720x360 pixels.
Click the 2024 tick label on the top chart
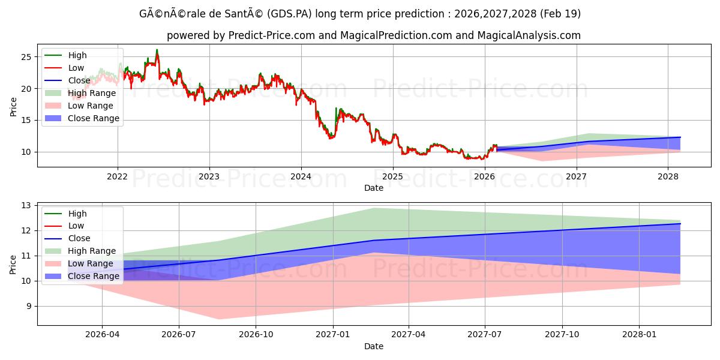click(301, 176)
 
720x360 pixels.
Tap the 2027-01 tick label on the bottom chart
click(332, 335)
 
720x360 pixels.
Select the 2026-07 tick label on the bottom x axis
click(179, 335)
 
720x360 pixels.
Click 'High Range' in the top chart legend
click(92, 93)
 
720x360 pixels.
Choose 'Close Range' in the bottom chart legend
click(94, 276)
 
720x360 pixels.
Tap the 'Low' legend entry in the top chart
click(76, 68)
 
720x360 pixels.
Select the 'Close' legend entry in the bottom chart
click(79, 238)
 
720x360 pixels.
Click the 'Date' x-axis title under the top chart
click(374, 188)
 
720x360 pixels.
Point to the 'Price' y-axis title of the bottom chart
click(13, 264)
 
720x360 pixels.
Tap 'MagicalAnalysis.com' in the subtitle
click(529, 35)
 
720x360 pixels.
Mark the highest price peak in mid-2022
click(157, 50)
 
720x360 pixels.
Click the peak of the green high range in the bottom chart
click(374, 208)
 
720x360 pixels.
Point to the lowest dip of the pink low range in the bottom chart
click(219, 319)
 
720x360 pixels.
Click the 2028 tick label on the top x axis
click(668, 176)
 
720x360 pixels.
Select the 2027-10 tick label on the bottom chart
click(563, 335)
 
